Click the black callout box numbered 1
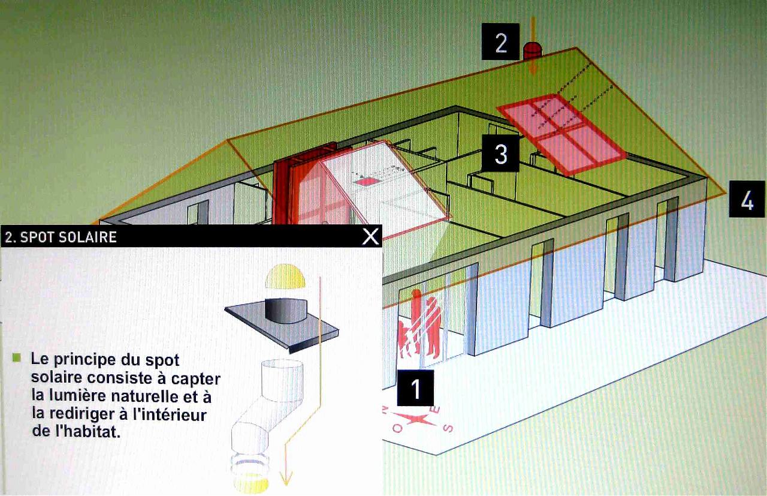click(x=415, y=387)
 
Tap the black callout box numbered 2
click(x=500, y=41)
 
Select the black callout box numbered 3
click(x=500, y=153)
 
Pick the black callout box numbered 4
click(x=747, y=199)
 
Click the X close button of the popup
click(x=370, y=236)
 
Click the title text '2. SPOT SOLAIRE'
click(x=61, y=237)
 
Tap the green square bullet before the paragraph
click(x=16, y=358)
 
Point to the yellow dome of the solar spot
click(x=285, y=276)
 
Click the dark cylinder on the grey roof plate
click(x=286, y=311)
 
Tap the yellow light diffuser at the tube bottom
click(x=251, y=483)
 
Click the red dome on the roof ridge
click(x=532, y=52)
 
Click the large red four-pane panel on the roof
click(x=562, y=134)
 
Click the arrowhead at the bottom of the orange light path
click(x=286, y=478)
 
